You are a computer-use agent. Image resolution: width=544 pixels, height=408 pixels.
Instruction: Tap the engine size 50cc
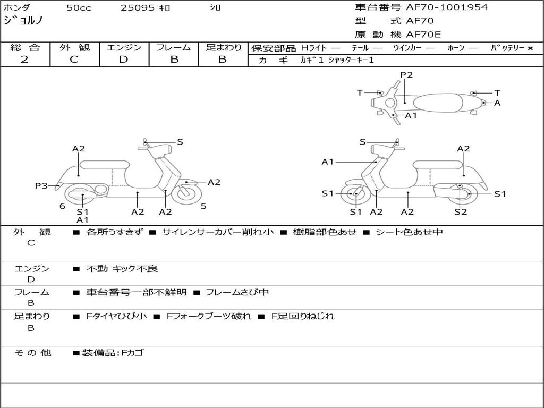point(79,8)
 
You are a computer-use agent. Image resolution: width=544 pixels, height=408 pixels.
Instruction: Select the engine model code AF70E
point(423,35)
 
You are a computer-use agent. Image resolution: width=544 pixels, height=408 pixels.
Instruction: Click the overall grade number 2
point(24,59)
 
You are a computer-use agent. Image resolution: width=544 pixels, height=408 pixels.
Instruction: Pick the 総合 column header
point(25,47)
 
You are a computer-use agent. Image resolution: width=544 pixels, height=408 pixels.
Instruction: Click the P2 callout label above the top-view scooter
point(406,75)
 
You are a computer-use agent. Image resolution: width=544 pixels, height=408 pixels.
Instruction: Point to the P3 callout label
point(41,185)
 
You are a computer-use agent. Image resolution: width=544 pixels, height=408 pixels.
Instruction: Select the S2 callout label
point(461,212)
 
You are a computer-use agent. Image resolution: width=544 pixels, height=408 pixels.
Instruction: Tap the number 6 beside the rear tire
point(62,206)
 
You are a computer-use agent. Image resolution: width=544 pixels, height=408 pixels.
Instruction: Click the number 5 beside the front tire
point(203,206)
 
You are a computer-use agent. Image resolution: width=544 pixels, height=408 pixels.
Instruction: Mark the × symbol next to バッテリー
point(530,48)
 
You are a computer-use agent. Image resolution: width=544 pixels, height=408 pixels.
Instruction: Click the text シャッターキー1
point(351,60)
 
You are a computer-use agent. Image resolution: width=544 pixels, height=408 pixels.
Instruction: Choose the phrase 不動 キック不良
point(122,269)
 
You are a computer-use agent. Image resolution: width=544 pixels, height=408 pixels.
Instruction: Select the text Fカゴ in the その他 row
point(133,353)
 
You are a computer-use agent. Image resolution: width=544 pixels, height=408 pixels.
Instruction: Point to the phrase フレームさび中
point(237,292)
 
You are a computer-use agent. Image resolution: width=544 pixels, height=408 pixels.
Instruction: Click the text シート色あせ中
point(409,232)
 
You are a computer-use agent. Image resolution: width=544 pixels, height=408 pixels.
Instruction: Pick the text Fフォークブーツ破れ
point(209,316)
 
